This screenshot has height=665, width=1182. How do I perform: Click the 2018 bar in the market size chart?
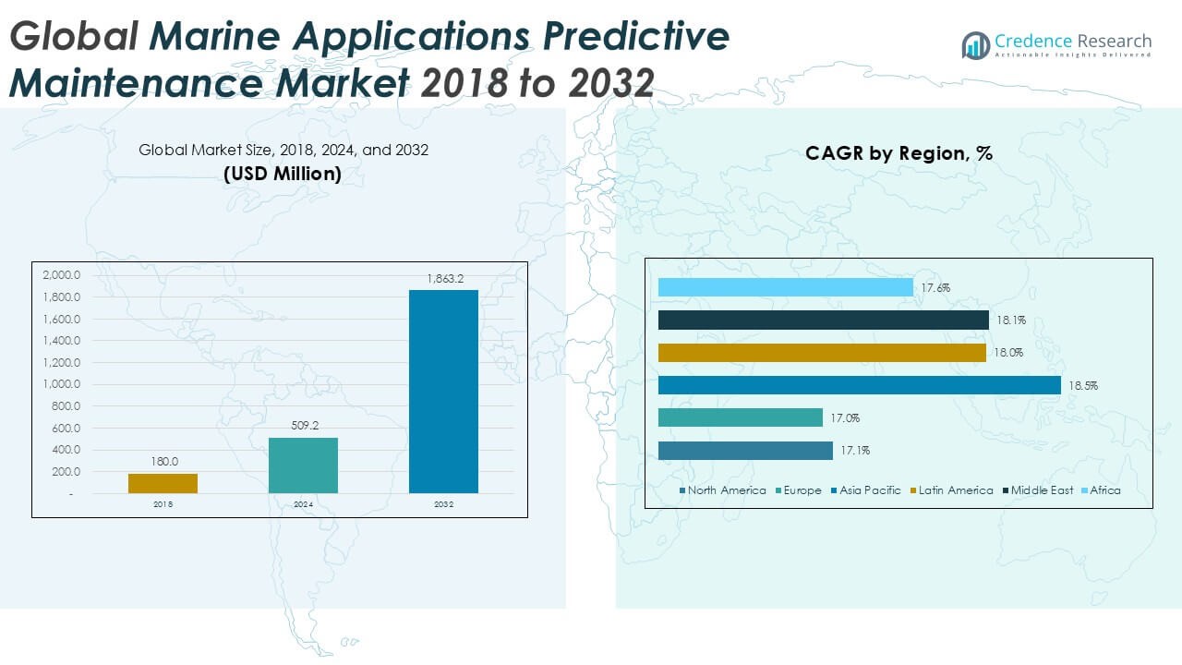[163, 483]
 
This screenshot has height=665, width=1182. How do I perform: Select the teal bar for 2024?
[303, 465]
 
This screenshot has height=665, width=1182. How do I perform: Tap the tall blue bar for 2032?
[443, 392]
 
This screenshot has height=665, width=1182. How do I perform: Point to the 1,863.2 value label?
[444, 278]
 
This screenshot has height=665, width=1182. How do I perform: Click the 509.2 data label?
[303, 427]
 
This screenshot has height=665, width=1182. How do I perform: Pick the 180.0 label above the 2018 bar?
[164, 462]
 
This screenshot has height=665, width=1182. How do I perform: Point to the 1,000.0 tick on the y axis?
[61, 384]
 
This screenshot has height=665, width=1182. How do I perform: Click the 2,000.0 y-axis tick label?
[61, 275]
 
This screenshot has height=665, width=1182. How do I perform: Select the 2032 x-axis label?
[444, 505]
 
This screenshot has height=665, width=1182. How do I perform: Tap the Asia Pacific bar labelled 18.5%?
[859, 385]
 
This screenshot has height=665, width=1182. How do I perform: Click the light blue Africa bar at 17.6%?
[785, 287]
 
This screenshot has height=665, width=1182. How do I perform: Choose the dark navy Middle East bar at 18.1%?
[823, 320]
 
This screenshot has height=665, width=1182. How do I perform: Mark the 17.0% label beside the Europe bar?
[844, 418]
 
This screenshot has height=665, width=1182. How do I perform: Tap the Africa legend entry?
[1100, 490]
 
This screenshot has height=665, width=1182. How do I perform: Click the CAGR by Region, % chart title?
[899, 153]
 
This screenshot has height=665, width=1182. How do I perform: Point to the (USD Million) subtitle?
[283, 173]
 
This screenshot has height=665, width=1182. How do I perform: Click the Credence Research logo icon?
[975, 44]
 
